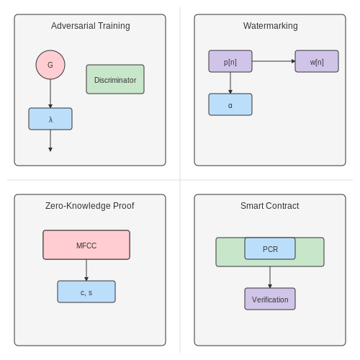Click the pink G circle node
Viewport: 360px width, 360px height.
pos(50,65)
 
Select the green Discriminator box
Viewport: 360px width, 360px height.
pos(115,79)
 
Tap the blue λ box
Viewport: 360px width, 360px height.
pos(50,119)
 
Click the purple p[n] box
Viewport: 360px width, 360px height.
pos(230,61)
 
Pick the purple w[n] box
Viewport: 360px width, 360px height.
pos(317,61)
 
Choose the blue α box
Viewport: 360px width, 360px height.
pos(230,104)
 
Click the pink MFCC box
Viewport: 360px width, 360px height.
pos(86,245)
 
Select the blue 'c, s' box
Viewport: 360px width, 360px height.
pos(86,292)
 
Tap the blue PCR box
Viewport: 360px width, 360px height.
pos(270,248)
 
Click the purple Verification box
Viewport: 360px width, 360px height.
pos(270,299)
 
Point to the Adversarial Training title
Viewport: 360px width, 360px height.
pos(91,26)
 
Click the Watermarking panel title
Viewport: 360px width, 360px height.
pos(271,26)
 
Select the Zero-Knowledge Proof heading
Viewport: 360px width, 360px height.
pos(90,206)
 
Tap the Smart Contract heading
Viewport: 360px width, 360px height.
pos(270,206)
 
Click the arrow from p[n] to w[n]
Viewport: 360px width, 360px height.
pos(274,61)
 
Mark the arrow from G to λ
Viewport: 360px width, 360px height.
pos(50,94)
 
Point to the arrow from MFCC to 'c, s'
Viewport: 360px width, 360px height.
pos(86,270)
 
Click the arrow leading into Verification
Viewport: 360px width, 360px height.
pos(270,277)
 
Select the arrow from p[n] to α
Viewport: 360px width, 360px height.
pos(230,83)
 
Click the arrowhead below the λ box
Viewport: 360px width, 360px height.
pos(50,150)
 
